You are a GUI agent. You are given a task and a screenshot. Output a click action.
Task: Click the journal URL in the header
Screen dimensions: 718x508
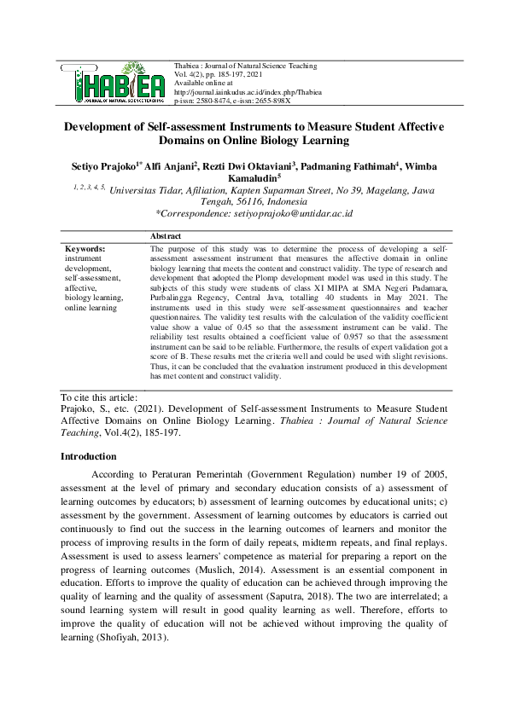point(248,91)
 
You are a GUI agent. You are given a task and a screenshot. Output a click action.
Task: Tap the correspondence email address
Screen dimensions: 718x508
point(283,212)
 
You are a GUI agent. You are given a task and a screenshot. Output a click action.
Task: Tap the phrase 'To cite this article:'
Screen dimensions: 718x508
point(99,397)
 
